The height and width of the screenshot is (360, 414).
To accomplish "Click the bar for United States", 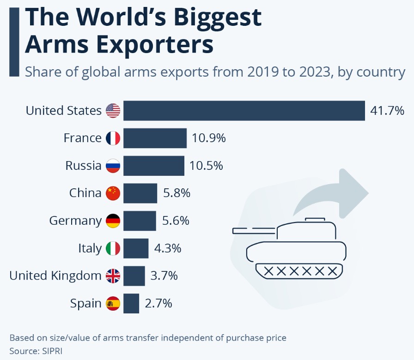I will (x=244, y=110).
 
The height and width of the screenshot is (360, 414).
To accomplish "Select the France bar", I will (x=155, y=138).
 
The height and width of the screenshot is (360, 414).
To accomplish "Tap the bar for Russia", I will (x=154, y=165).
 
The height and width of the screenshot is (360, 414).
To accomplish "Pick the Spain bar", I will (x=131, y=303).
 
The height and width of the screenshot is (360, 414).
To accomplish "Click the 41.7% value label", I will (x=387, y=110).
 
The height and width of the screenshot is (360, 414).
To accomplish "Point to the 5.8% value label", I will (x=177, y=193).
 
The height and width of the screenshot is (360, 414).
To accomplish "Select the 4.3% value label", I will (x=168, y=248).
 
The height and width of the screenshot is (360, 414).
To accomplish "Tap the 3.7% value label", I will (x=164, y=276).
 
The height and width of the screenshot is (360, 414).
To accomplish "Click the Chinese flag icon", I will (x=113, y=193).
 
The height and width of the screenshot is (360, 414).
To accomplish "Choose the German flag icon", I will (x=113, y=221).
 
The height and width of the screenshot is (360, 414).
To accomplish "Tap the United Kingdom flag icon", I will (x=113, y=276).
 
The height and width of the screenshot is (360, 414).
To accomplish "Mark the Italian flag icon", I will (x=113, y=248).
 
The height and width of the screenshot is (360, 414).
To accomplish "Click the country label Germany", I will (x=75, y=221).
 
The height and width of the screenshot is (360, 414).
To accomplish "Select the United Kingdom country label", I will (x=55, y=276).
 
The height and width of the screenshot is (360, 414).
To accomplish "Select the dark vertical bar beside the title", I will (x=14, y=42).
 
